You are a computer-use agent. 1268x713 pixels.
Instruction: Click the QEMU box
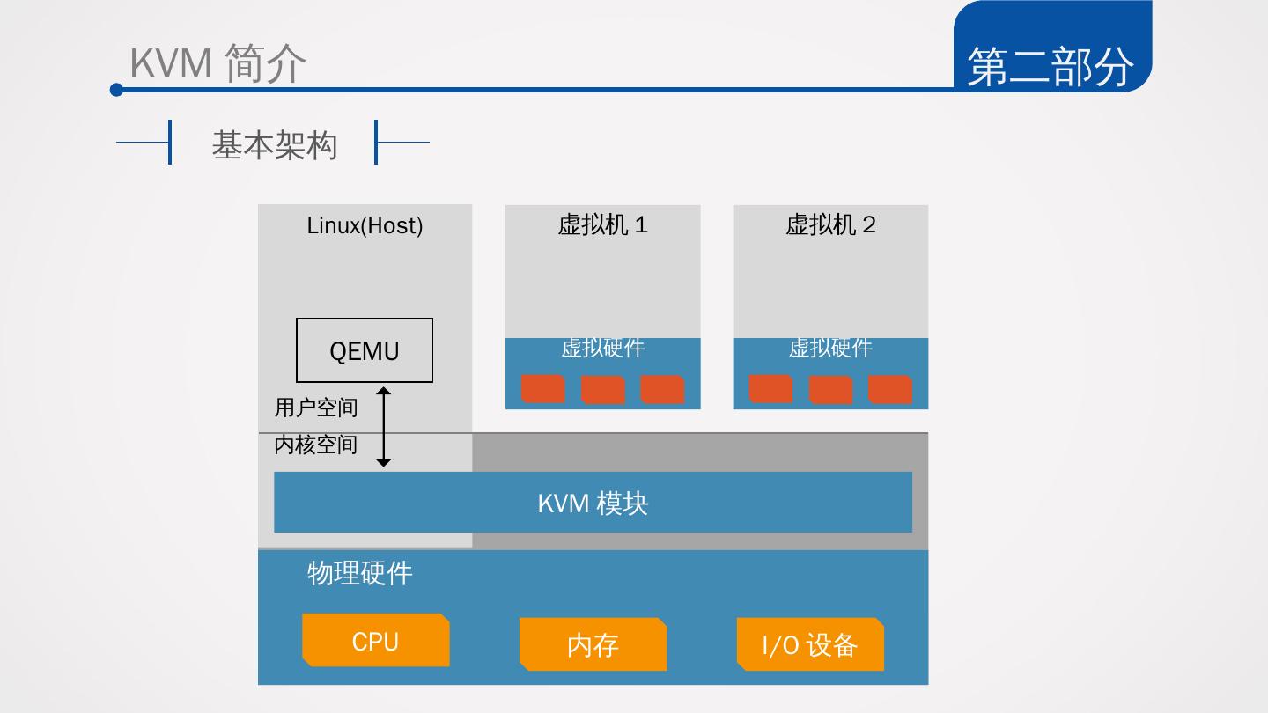pyautogui.click(x=364, y=350)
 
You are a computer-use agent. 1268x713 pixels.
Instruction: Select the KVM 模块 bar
pyautogui.click(x=593, y=503)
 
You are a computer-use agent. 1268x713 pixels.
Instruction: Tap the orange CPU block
pyautogui.click(x=375, y=641)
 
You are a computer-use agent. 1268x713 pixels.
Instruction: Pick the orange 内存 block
pyautogui.click(x=593, y=645)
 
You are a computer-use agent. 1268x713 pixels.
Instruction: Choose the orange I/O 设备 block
pyautogui.click(x=810, y=645)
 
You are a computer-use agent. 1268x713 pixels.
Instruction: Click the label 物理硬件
pyautogui.click(x=359, y=573)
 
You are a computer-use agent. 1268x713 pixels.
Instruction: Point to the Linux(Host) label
pyautogui.click(x=365, y=225)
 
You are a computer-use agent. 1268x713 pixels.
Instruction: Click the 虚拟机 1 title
pyautogui.click(x=602, y=224)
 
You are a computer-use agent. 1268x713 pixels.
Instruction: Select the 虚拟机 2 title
pyautogui.click(x=830, y=224)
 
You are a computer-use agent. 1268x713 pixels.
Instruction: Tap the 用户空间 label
pyautogui.click(x=316, y=408)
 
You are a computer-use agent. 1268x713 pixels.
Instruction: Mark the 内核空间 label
pyautogui.click(x=316, y=445)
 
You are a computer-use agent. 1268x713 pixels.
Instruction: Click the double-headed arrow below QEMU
pyautogui.click(x=383, y=427)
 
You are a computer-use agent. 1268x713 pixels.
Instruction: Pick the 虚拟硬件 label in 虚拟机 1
pyautogui.click(x=602, y=348)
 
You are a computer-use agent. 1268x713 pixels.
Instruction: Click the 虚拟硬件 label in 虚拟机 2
pyautogui.click(x=830, y=348)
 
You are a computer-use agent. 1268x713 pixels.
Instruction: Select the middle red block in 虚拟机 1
pyautogui.click(x=602, y=389)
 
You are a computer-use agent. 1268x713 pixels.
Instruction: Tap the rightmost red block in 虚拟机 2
pyautogui.click(x=889, y=389)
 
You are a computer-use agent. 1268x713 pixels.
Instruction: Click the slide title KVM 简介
pyautogui.click(x=217, y=63)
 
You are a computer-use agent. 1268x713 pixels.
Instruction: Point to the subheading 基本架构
pyautogui.click(x=274, y=144)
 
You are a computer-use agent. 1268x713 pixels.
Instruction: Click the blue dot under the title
pyautogui.click(x=116, y=90)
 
